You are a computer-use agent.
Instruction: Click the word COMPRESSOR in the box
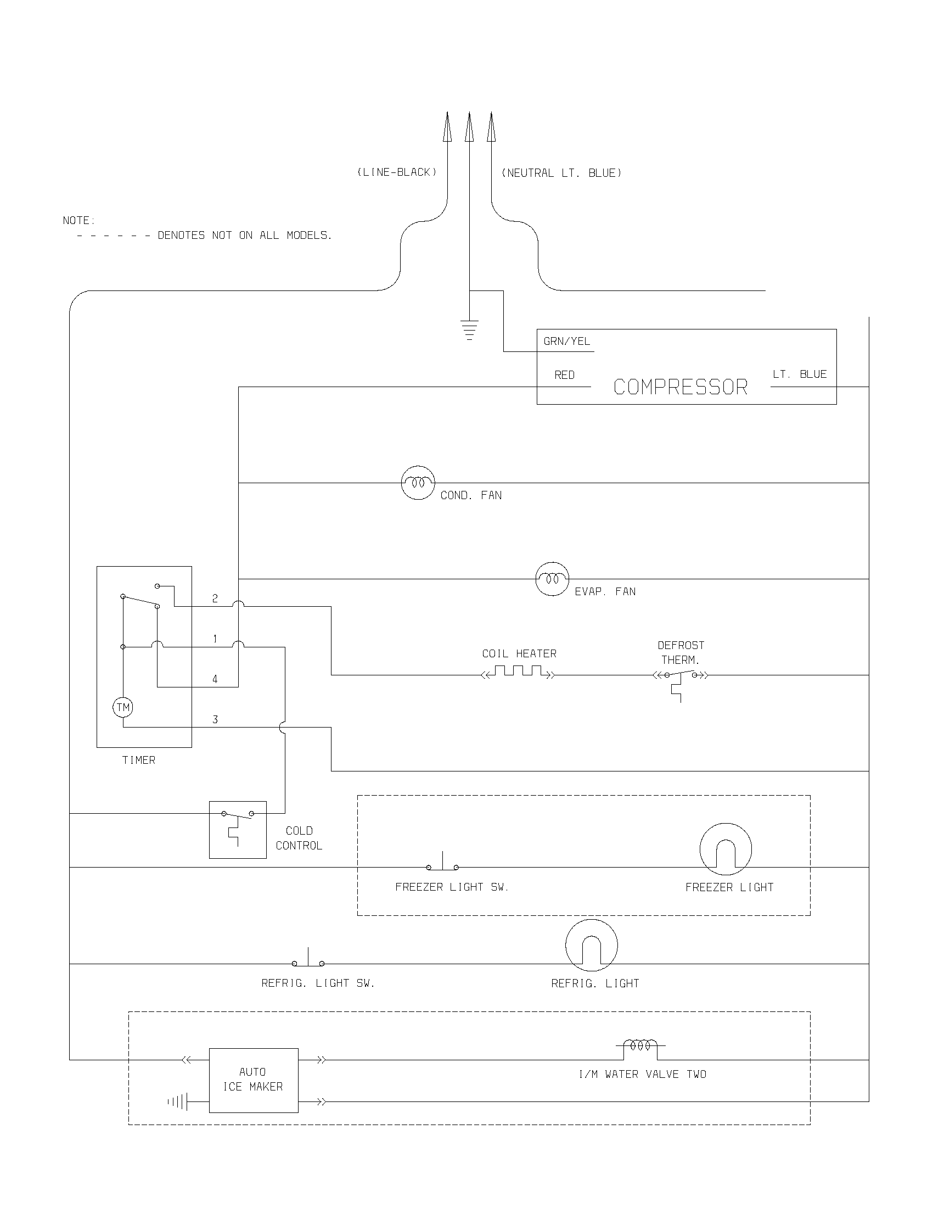(681, 387)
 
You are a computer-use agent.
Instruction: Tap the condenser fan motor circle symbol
(418, 483)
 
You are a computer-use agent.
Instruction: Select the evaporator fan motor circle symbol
(552, 579)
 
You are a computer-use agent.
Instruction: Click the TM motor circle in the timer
(123, 707)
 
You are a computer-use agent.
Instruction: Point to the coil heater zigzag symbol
(518, 672)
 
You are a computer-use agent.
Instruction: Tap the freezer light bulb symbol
(726, 849)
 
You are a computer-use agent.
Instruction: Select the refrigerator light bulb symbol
(592, 946)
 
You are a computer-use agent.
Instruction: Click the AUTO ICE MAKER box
(253, 1080)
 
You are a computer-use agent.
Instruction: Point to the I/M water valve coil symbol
(640, 1045)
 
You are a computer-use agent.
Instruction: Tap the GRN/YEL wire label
(566, 342)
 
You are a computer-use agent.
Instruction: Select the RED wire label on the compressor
(564, 375)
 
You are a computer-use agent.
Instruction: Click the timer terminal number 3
(215, 720)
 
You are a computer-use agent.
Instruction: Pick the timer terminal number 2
(215, 599)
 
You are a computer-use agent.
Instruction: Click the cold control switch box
(238, 830)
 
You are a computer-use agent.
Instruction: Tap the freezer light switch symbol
(442, 864)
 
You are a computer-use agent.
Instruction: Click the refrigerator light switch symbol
(308, 960)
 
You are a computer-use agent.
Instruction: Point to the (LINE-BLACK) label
(397, 172)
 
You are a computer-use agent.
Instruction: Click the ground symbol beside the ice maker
(178, 1103)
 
